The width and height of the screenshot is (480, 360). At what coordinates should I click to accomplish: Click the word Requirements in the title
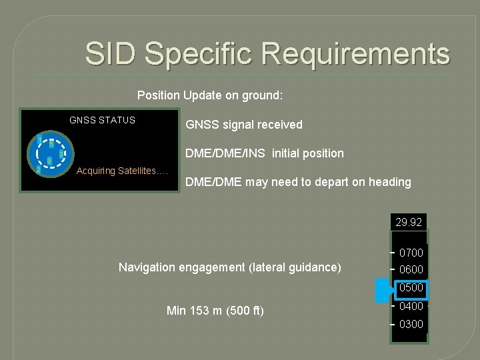(361, 53)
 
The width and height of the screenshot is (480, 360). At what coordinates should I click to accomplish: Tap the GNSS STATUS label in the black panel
(102, 120)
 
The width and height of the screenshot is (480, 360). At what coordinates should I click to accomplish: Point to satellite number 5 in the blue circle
(51, 144)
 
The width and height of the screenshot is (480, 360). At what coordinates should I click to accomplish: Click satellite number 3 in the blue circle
(61, 155)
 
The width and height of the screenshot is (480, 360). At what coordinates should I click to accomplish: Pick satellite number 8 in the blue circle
(49, 161)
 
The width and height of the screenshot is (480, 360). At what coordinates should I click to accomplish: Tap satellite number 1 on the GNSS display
(39, 139)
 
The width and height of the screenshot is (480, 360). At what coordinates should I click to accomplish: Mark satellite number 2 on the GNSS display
(38, 169)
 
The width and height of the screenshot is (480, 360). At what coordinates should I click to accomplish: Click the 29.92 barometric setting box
(408, 222)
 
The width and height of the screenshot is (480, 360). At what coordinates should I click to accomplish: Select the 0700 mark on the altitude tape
(411, 253)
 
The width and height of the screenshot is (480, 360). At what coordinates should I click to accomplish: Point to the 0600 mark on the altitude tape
(411, 269)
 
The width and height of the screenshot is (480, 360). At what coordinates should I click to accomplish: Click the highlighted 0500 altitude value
(411, 288)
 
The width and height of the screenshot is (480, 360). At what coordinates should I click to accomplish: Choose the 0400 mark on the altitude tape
(411, 306)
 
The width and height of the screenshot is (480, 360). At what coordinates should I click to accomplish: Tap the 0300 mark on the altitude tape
(411, 324)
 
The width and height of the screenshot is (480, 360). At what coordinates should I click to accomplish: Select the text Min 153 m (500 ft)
(215, 310)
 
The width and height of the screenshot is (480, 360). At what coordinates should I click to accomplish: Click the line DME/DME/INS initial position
(264, 153)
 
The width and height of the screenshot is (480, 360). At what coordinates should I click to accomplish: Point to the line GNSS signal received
(243, 125)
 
